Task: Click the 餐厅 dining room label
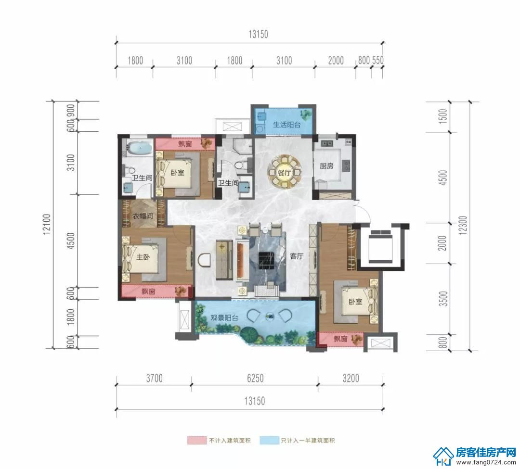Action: tap(285, 173)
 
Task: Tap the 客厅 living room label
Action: tap(297, 256)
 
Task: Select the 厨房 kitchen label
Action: tap(326, 165)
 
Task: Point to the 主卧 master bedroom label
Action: tap(143, 257)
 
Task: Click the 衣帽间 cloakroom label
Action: tap(143, 216)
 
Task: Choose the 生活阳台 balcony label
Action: tap(286, 125)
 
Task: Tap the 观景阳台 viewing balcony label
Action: tap(224, 317)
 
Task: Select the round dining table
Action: tap(285, 173)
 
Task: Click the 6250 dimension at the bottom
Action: tap(255, 378)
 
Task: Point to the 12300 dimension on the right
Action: tap(464, 225)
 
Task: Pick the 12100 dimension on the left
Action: tap(47, 224)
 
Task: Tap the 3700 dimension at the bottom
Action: tap(154, 378)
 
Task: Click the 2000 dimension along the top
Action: tap(336, 61)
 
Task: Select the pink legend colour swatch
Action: tap(196, 440)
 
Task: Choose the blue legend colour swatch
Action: tap(269, 440)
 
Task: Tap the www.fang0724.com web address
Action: tap(486, 462)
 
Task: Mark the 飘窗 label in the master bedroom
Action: tap(148, 292)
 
